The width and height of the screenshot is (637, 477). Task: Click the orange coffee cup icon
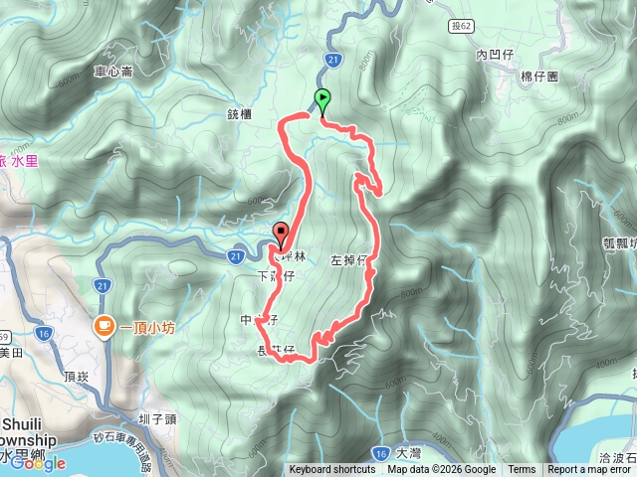point(104,325)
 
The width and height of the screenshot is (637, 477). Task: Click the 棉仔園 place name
point(540,76)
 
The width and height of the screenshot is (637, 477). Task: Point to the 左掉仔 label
point(349,260)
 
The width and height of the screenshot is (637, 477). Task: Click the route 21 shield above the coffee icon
point(104,286)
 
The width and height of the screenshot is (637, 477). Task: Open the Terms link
point(522,470)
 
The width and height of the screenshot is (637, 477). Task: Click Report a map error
point(591,470)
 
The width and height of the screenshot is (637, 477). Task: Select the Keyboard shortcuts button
point(334,470)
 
